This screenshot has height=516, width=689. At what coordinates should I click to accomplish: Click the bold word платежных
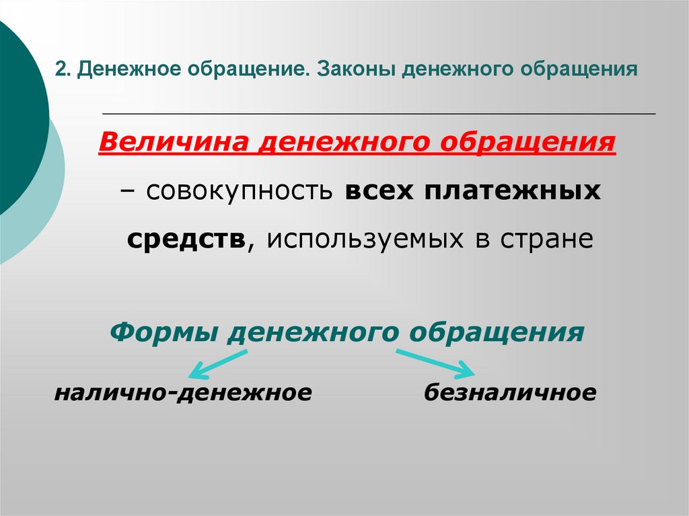512,191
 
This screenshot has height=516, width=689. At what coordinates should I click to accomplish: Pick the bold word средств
186,239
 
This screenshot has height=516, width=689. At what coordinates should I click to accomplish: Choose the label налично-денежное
183,392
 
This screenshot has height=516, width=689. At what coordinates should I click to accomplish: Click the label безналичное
510,392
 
